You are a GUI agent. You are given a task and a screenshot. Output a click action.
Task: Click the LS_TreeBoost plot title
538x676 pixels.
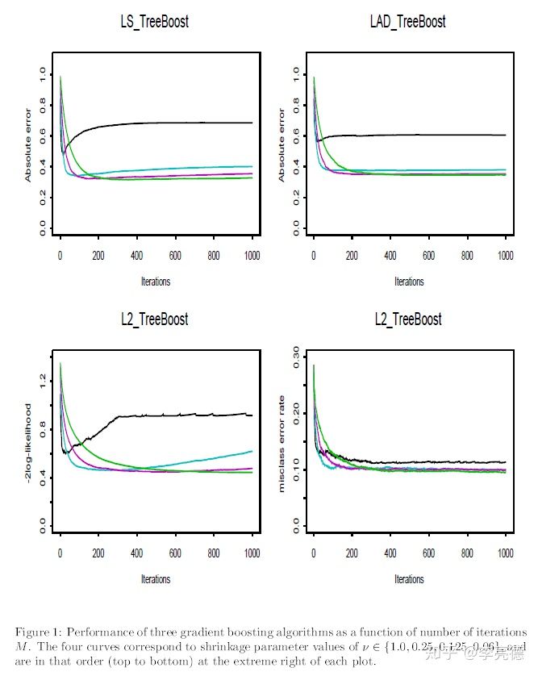tap(154, 22)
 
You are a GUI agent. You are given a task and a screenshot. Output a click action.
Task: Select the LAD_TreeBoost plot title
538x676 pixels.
tap(408, 22)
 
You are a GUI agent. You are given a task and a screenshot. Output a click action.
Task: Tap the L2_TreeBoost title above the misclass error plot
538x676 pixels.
tap(408, 319)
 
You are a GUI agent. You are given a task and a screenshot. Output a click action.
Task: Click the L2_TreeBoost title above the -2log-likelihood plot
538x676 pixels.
tap(154, 319)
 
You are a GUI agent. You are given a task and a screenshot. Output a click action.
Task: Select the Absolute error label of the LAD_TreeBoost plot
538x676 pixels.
tap(282, 144)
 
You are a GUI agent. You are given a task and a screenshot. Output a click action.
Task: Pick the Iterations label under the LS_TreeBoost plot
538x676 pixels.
tap(155, 282)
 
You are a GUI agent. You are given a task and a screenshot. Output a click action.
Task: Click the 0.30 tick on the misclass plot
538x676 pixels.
tap(295, 356)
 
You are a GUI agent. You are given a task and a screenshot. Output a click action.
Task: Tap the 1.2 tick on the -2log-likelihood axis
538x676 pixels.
tap(41, 378)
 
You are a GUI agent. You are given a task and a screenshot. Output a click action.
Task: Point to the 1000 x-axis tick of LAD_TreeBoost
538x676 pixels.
tap(505, 256)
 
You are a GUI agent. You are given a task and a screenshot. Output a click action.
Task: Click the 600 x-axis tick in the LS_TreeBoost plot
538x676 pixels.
tap(175, 256)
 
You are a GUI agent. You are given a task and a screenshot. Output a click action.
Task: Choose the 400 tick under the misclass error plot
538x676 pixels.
tap(390, 554)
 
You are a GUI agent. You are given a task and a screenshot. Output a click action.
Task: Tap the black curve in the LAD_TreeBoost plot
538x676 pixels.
tap(419, 135)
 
